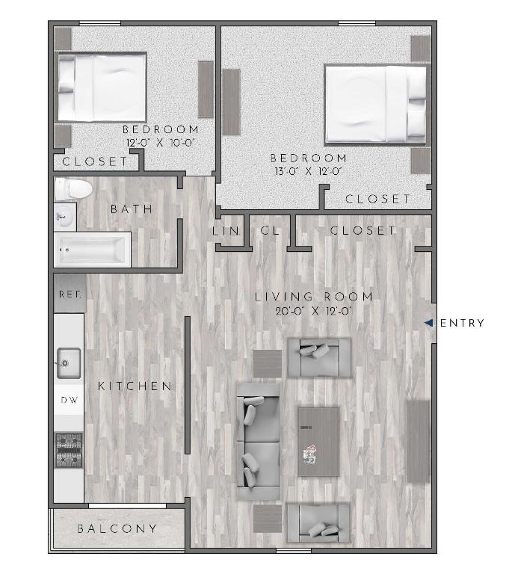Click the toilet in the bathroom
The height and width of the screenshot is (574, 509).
point(73,189)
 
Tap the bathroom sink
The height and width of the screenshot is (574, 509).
point(65,217)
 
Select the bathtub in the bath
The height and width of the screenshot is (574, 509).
point(92,250)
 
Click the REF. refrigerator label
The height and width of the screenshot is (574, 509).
point(70,294)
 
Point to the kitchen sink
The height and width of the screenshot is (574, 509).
point(69,363)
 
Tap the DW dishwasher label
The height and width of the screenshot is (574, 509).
point(70,400)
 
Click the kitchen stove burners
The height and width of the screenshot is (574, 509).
point(69,450)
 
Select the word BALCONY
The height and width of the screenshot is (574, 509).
point(117,528)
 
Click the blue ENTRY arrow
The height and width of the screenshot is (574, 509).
point(429,323)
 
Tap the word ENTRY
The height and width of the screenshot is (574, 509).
point(462,323)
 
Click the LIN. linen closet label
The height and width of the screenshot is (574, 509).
point(226,231)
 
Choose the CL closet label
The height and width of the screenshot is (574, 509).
point(270,231)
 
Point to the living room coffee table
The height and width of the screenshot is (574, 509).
point(318,442)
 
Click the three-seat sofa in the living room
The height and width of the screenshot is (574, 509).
point(259,442)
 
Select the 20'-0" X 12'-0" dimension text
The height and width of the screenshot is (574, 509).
point(314,311)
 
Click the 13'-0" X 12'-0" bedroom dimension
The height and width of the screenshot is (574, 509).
point(309,171)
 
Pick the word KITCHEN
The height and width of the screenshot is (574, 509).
point(135,386)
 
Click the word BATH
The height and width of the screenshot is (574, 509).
point(132,209)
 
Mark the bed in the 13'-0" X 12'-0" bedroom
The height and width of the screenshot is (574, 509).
point(376,104)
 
